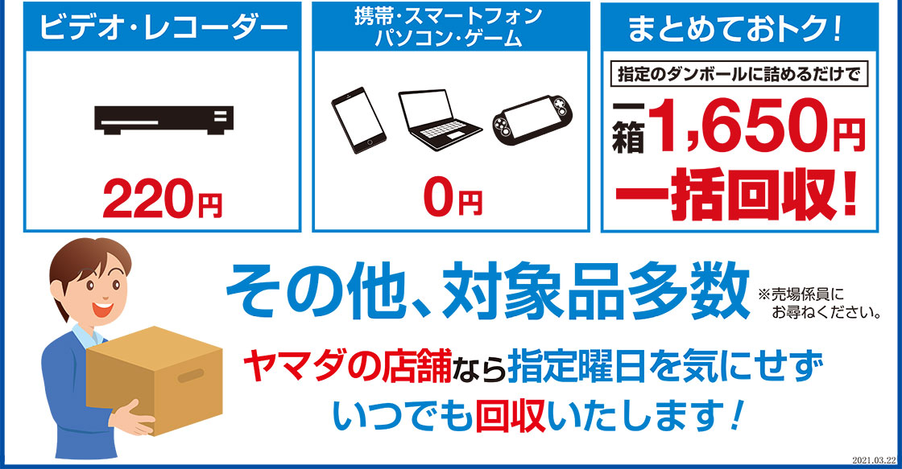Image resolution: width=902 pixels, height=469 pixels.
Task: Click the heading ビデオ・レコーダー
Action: (x=163, y=27)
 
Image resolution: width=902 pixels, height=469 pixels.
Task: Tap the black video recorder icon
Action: (x=164, y=120)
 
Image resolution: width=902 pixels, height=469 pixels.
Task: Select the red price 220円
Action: (x=162, y=198)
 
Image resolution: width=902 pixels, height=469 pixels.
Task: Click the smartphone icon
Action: (x=358, y=120)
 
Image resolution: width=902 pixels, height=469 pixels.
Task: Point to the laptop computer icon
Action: (x=439, y=120)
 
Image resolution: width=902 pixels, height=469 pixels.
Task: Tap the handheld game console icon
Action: (x=532, y=120)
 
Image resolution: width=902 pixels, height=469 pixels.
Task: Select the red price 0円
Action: (x=452, y=198)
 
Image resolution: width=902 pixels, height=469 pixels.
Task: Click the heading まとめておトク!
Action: (x=736, y=28)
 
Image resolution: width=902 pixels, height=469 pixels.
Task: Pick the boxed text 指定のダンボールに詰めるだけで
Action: (x=739, y=74)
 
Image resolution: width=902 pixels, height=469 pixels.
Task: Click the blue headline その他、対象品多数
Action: (x=488, y=291)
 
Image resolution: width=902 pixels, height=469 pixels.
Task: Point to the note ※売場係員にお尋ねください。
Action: (x=819, y=304)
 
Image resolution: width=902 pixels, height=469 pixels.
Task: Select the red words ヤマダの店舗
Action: (x=346, y=365)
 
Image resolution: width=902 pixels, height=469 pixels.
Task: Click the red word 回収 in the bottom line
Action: (x=511, y=418)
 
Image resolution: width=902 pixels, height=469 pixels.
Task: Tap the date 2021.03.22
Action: (x=873, y=460)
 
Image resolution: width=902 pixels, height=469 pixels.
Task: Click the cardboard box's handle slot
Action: (x=192, y=376)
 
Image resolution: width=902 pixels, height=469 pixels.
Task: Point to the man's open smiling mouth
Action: (x=102, y=310)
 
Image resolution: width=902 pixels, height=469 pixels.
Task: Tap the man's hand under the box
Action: (x=132, y=418)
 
